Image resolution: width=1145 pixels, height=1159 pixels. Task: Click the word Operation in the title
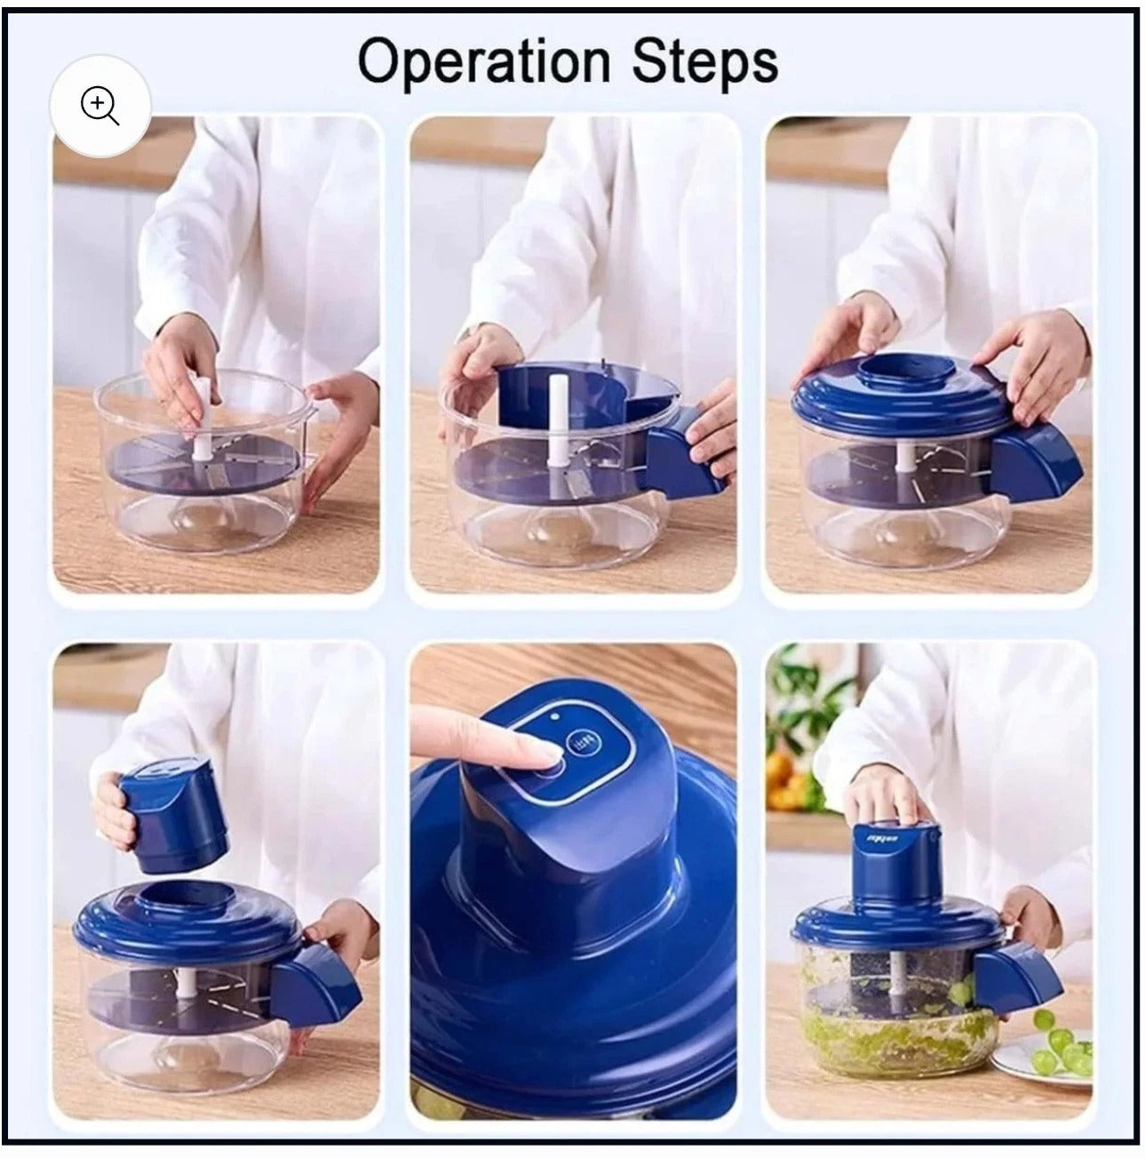coord(483,62)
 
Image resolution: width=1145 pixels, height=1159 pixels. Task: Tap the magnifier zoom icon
coord(99,107)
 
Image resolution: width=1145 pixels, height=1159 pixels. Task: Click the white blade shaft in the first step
coord(202,413)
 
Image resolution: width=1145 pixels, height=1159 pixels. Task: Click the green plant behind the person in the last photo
coord(799,702)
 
